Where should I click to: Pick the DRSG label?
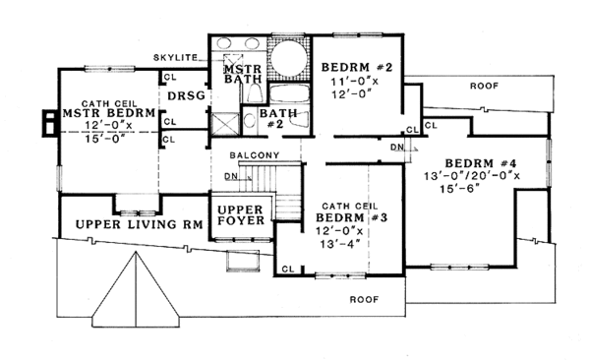click(x=186, y=97)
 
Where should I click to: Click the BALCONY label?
click(x=256, y=156)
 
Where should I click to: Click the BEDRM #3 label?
click(x=343, y=216)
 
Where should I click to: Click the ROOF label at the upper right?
click(x=483, y=86)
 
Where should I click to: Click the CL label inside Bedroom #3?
click(x=287, y=268)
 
